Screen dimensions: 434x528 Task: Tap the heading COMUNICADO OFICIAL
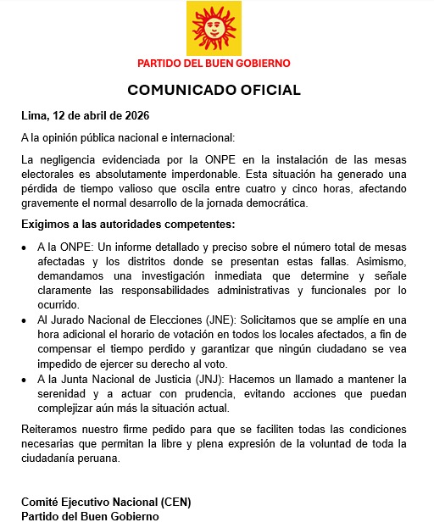(214, 90)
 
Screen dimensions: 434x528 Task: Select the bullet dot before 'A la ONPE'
(25, 247)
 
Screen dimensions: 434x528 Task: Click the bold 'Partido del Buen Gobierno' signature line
(89, 515)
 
